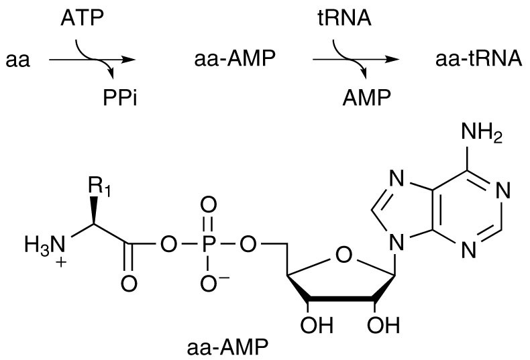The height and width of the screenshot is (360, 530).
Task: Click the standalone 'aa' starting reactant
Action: tap(18, 61)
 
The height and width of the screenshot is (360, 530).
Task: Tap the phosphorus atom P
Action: tap(208, 242)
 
